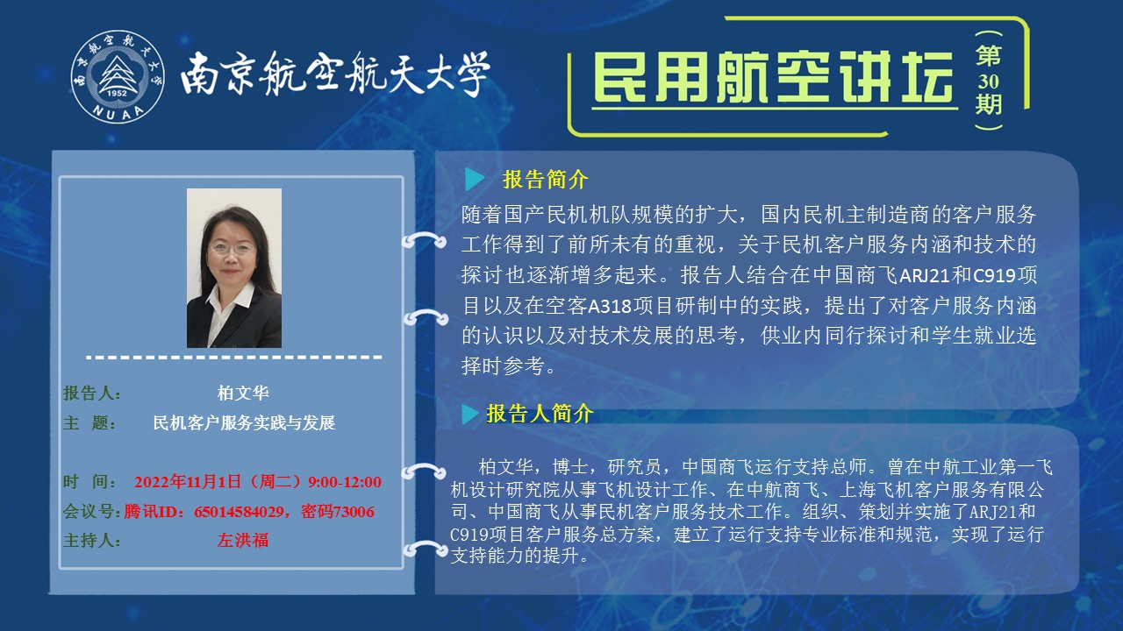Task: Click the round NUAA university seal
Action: point(118,76)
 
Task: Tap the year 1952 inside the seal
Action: point(117,93)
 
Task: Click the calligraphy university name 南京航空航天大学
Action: point(334,73)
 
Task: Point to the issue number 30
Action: point(988,82)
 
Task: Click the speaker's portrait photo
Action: point(234,268)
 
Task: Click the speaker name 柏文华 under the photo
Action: point(243,393)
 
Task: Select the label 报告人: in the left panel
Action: point(92,393)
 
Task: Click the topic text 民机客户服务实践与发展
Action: point(244,422)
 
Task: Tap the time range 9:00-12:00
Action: point(345,482)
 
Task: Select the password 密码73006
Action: point(338,511)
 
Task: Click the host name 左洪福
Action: point(243,540)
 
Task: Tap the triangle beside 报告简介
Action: point(474,180)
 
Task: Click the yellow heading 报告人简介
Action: point(540,414)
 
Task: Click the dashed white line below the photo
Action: point(234,357)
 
